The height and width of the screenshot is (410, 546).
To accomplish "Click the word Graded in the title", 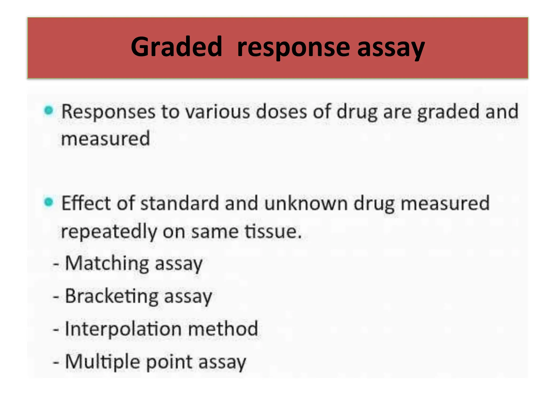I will click(x=176, y=47).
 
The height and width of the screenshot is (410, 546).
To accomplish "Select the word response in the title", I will click(x=293, y=48).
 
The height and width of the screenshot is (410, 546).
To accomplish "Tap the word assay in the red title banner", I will click(x=391, y=48).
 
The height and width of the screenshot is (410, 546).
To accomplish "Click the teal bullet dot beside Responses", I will click(x=49, y=110).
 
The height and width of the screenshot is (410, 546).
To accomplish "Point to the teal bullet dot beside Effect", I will click(x=49, y=202).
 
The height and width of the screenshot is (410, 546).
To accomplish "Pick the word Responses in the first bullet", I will click(x=108, y=112).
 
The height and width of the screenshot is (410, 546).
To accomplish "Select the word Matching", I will click(x=107, y=264).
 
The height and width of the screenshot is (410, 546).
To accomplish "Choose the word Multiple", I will click(x=103, y=362).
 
